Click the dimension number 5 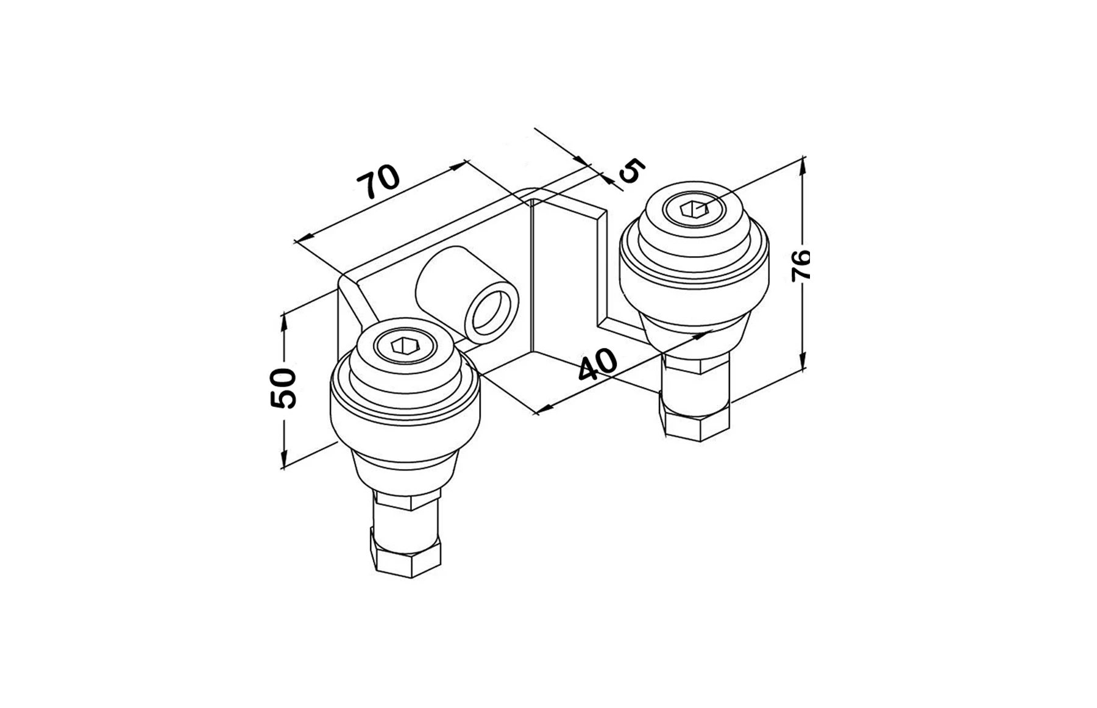pos(631,171)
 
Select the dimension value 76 pos(801,265)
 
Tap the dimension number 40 pos(597,365)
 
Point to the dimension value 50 pos(284,388)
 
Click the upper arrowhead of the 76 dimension pos(803,163)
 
